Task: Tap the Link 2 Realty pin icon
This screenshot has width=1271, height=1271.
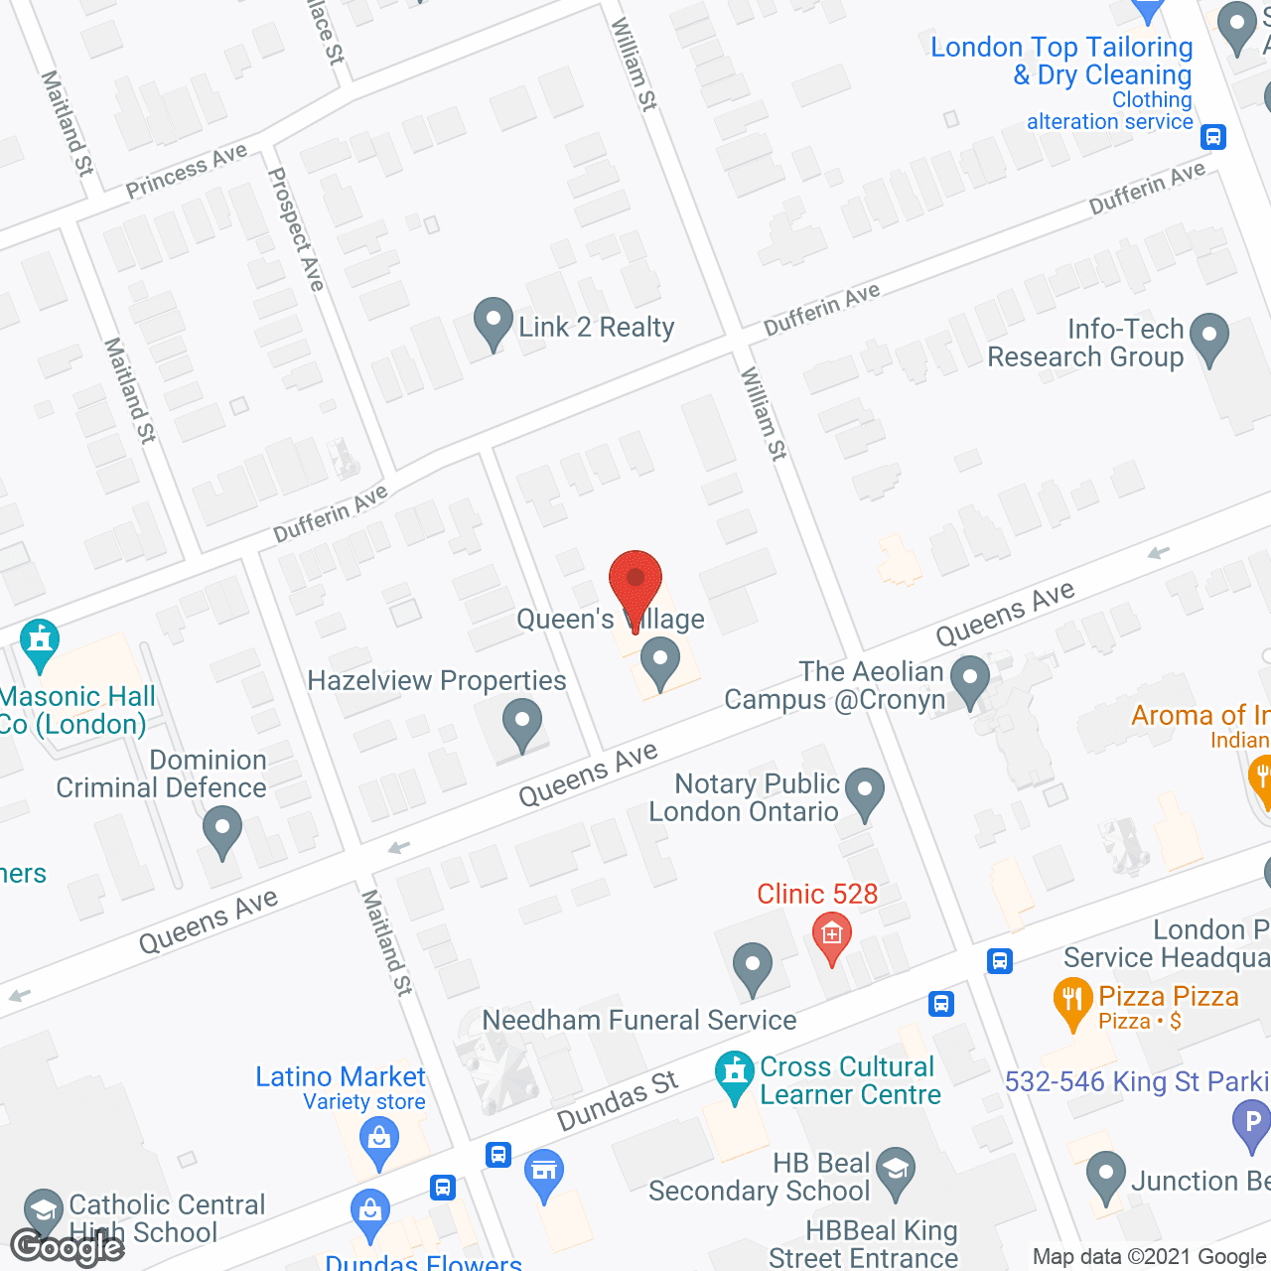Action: coord(493,323)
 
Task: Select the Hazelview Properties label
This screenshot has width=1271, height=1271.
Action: coord(436,681)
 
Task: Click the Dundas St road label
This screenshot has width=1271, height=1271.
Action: coord(617,1100)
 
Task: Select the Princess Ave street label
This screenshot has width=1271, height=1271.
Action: coord(186,171)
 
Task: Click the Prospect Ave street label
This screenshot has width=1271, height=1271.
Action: coord(296,229)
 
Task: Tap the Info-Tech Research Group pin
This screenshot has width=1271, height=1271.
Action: coord(1208,338)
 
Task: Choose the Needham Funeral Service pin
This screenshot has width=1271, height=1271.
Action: coord(752,966)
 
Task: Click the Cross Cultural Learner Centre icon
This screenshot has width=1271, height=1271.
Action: coord(735,1074)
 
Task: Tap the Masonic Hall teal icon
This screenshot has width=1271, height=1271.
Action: coord(40,642)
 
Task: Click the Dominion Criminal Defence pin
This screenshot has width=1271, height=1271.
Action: coord(221,829)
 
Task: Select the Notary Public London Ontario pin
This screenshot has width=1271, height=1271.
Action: coord(865,792)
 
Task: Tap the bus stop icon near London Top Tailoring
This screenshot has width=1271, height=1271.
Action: coord(1212,137)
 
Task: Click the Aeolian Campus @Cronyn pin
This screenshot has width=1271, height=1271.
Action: coord(969,680)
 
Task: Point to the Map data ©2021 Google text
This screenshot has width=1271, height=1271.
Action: coord(1150,1257)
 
